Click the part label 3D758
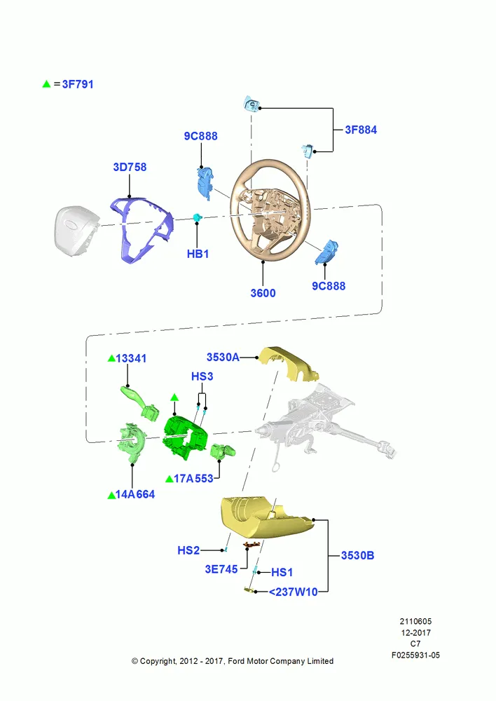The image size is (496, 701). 130,168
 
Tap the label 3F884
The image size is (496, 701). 361,130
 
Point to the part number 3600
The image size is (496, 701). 263,293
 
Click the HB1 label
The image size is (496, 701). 198,254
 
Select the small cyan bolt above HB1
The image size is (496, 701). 197,217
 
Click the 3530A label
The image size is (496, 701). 223,358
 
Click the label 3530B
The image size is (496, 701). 357,556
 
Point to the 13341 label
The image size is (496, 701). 131,358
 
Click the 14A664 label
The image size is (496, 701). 135,494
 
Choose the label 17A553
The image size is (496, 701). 193,479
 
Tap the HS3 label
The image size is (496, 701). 202,376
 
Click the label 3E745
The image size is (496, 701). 221,569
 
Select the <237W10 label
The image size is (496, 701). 293,592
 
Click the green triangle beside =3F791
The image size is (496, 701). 46,83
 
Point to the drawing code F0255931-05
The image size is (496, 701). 415,655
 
